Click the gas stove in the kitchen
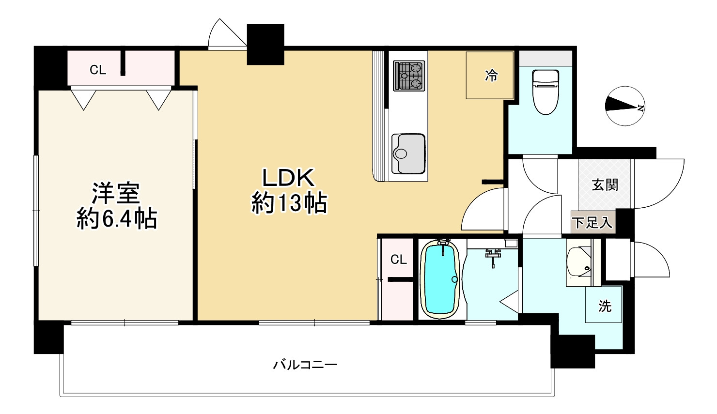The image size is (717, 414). click(409, 76)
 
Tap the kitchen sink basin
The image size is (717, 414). click(408, 154)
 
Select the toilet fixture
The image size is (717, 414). click(546, 92)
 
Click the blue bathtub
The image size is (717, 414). click(440, 279)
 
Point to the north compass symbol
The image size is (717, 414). click(625, 106)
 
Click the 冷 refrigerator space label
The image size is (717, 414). click(491, 76)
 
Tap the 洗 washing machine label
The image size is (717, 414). click(605, 306)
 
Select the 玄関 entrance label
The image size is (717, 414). click(605, 185)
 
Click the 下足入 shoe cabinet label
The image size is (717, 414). click(592, 223)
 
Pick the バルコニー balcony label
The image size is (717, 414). click(305, 365)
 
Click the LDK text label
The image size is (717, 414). click(288, 178)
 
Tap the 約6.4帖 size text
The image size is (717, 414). click(117, 219)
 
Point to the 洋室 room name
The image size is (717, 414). click(116, 193)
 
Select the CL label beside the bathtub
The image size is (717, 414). click(399, 260)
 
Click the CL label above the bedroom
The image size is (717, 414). click(98, 70)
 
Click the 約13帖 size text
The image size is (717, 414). click(289, 203)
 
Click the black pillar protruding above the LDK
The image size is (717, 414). click(265, 45)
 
